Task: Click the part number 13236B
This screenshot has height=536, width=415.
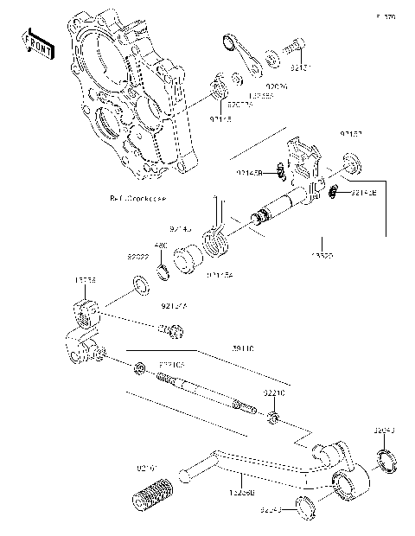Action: coord(239,494)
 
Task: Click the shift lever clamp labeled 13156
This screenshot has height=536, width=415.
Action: coord(86,309)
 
